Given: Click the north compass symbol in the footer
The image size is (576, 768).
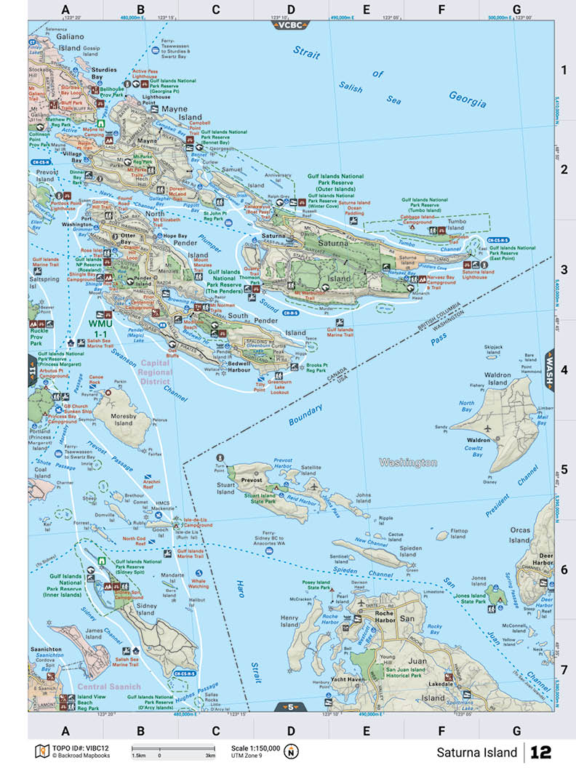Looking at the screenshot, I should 292,751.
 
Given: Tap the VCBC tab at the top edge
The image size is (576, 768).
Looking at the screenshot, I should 290,25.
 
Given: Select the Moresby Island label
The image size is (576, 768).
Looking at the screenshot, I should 123,418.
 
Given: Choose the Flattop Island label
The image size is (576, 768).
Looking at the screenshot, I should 459,535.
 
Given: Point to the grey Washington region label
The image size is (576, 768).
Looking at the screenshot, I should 408,463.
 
